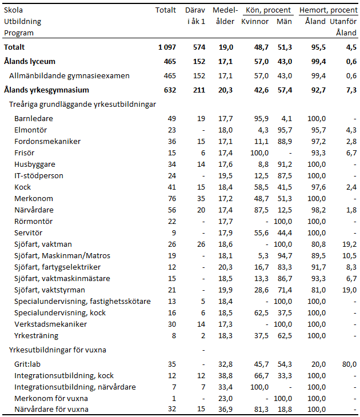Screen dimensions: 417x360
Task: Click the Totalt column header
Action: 166,10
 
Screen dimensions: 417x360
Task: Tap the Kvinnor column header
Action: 255,22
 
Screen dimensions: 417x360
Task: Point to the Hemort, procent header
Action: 328,10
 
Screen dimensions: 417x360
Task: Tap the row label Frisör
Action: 24,153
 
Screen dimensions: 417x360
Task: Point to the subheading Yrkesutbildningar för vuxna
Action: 58,350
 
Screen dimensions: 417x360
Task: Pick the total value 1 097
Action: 167,47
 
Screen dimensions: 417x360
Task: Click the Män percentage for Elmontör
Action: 284,130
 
